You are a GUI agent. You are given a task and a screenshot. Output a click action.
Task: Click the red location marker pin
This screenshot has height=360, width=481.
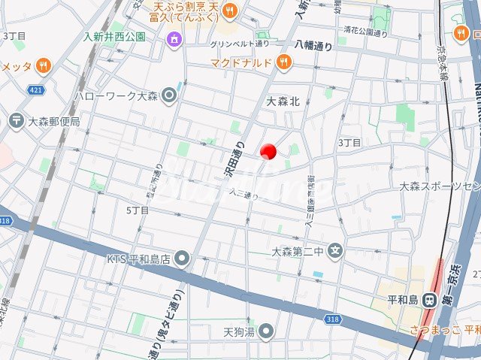click(x=268, y=152)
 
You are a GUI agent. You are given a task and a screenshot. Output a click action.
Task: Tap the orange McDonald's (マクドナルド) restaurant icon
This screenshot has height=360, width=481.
click(x=283, y=63)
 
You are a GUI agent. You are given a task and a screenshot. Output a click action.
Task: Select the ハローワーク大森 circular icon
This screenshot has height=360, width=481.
click(x=169, y=95)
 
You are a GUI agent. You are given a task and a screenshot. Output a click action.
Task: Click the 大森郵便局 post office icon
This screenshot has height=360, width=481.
click(x=16, y=120)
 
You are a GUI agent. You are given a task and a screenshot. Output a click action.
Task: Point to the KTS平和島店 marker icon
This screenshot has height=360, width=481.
click(x=181, y=260)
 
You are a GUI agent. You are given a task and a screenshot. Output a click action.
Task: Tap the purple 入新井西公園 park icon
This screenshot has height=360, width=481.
click(x=174, y=37)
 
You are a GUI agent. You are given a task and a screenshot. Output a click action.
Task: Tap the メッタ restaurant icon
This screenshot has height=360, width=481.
click(x=45, y=66)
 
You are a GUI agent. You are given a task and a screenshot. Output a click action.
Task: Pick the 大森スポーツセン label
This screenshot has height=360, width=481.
click(x=440, y=186)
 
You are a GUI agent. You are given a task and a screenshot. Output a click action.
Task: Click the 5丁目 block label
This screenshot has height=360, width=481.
click(x=138, y=210)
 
